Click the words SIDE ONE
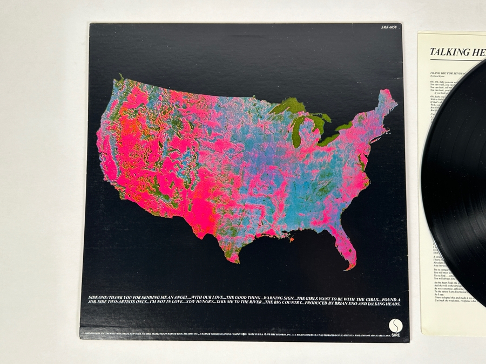(97, 298)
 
